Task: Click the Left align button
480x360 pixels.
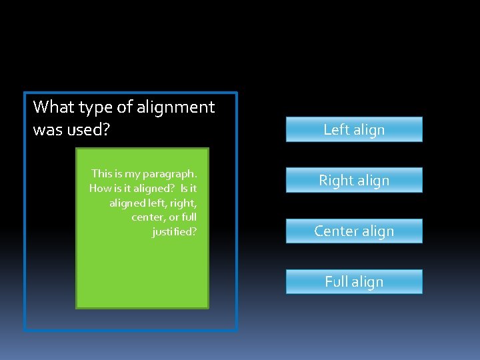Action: click(354, 129)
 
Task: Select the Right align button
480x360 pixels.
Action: click(354, 180)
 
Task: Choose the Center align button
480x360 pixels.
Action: click(354, 231)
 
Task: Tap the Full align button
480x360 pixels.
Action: click(354, 281)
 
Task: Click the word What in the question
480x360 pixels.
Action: click(53, 107)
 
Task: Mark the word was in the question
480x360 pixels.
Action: click(47, 129)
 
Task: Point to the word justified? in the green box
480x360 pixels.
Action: click(174, 232)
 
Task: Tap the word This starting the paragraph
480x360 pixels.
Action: click(102, 173)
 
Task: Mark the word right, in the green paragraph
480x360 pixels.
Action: click(183, 203)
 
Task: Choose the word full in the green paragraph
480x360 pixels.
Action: click(189, 217)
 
